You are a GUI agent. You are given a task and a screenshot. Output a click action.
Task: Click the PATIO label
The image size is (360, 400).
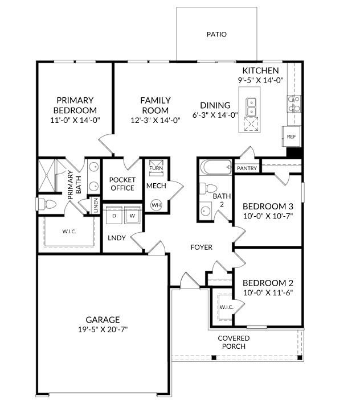click(x=216, y=35)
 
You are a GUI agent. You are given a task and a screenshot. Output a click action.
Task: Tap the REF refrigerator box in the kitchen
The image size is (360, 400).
click(x=291, y=137)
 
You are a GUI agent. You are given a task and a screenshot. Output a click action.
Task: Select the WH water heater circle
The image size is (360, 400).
click(x=155, y=205)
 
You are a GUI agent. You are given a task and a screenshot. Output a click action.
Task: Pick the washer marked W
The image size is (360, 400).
click(x=132, y=216)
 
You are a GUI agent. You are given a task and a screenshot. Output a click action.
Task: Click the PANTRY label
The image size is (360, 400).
click(x=247, y=168)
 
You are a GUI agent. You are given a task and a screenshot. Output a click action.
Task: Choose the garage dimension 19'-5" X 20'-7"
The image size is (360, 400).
click(x=103, y=329)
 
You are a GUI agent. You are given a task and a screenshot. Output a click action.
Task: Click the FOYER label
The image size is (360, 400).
click(x=201, y=248)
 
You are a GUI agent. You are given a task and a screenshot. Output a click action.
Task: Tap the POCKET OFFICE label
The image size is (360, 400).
click(x=122, y=184)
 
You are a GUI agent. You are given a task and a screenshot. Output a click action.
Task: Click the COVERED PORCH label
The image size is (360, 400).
click(x=234, y=342)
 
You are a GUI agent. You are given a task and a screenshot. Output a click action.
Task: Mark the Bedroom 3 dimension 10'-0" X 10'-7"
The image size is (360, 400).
click(x=268, y=216)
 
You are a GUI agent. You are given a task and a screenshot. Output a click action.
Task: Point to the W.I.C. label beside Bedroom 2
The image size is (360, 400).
click(x=226, y=308)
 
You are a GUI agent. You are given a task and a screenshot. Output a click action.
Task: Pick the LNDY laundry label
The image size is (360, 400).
click(x=117, y=238)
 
